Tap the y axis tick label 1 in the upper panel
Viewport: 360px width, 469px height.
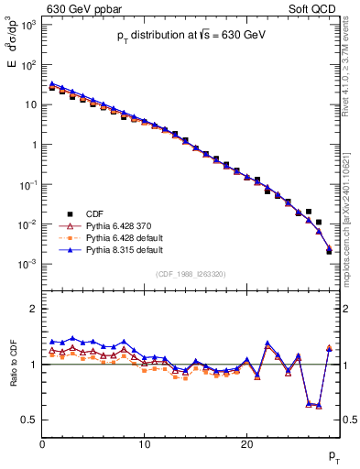coord(33,145)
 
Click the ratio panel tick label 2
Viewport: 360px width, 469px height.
coord(33,309)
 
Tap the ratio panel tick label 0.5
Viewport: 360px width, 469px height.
coord(29,420)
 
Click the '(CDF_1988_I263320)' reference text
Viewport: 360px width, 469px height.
coord(190,273)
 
